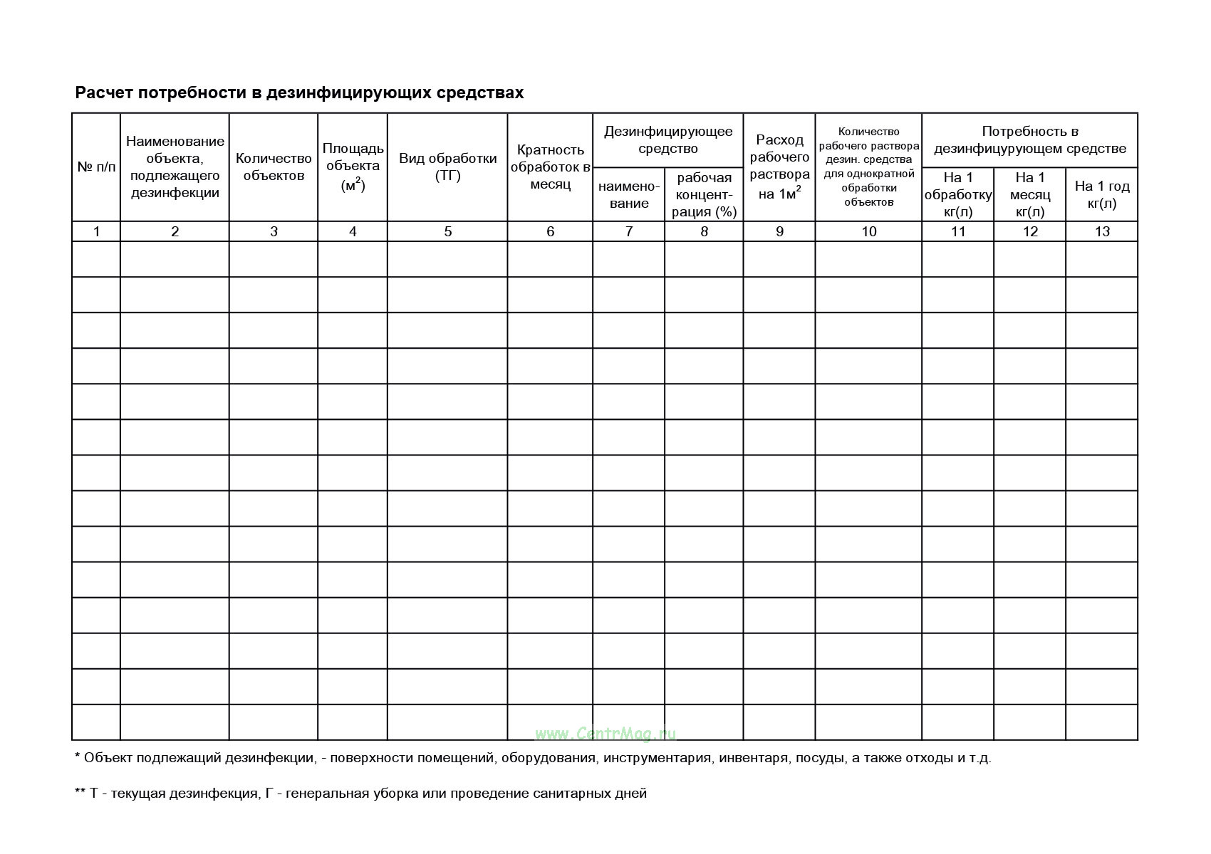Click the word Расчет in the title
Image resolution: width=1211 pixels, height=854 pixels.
[x=104, y=93]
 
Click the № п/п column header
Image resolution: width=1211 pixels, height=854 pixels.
[x=96, y=167]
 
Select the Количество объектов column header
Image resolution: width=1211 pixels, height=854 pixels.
[x=274, y=167]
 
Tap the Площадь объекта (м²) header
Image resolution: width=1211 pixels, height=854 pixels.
[x=353, y=167]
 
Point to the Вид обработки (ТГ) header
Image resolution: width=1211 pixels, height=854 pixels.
[x=447, y=167]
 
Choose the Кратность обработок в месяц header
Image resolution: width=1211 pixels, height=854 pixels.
[x=550, y=167]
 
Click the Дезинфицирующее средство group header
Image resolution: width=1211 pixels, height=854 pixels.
[x=668, y=140]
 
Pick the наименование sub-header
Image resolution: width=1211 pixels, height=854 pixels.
[x=629, y=195]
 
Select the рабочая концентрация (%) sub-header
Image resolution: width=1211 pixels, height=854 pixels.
[x=704, y=195]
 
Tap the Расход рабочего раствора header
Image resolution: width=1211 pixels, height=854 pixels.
[x=779, y=167]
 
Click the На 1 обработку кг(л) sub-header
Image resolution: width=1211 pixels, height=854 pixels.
[x=958, y=195]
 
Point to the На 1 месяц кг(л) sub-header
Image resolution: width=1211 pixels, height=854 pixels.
[x=1030, y=195]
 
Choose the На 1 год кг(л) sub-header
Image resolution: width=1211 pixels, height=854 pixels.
[x=1102, y=195]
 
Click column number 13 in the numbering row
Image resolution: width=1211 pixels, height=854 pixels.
[x=1102, y=231]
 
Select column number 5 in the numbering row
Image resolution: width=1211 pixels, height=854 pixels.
[x=447, y=231]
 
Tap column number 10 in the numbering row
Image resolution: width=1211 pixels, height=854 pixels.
[x=868, y=231]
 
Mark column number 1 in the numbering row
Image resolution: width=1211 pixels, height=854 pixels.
[x=96, y=231]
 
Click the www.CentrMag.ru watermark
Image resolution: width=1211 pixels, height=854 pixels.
[x=605, y=734]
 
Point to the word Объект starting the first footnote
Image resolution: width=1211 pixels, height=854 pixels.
[x=108, y=758]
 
